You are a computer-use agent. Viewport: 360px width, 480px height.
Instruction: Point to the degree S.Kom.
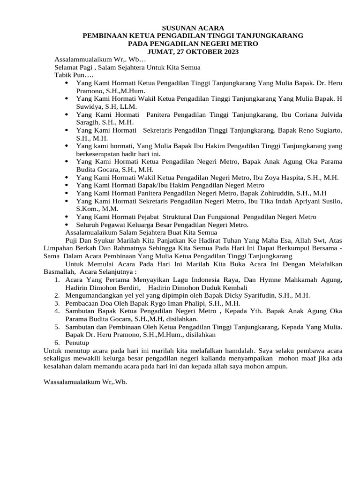88,209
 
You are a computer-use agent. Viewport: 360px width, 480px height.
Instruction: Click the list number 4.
56,311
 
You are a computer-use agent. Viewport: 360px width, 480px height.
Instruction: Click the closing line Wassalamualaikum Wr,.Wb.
85,382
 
